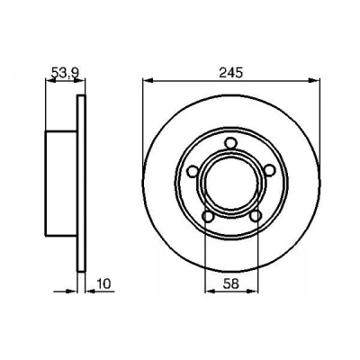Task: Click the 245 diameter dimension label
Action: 230,73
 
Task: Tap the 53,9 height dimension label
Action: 65,73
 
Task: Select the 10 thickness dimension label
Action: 104,283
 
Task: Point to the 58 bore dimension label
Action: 230,283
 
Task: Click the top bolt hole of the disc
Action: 230,142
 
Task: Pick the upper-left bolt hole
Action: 192,171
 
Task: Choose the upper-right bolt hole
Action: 270,171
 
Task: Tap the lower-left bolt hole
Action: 208,216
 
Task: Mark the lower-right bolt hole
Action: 256,216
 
